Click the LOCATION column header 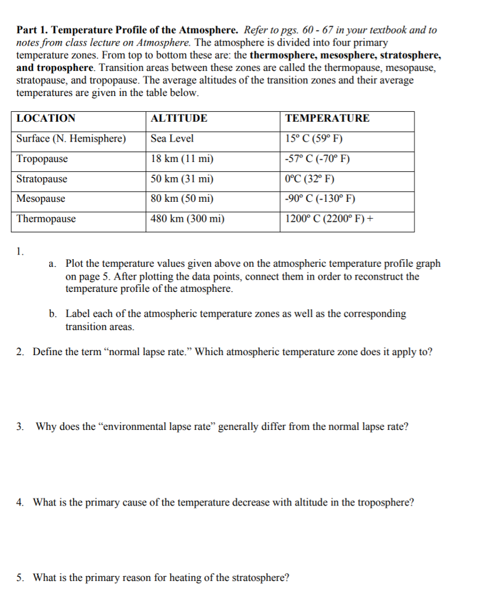coord(46,118)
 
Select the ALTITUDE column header coord(179,118)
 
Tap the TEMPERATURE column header coord(327,118)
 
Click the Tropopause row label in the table coord(42,159)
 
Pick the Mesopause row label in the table coord(41,199)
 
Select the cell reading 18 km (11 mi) coord(182,159)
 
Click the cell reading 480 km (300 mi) coord(187,219)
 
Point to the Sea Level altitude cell coord(172,139)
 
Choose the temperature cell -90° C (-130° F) coord(320,199)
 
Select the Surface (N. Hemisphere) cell coord(71,139)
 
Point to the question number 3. coord(20,426)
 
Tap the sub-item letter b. coord(53,314)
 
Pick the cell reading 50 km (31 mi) coord(182,179)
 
